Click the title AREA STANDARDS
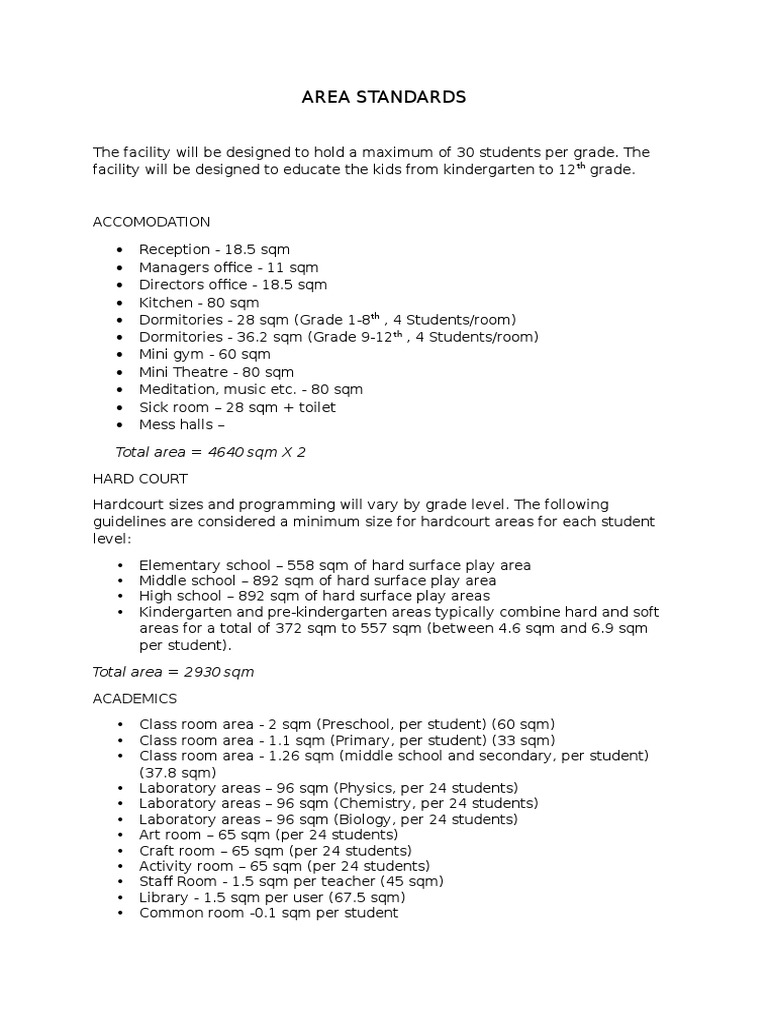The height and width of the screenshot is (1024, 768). point(384,97)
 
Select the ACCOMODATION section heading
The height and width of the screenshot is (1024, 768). point(151,221)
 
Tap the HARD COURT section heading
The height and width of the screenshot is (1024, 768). point(140,479)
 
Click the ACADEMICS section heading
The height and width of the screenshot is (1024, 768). point(134,698)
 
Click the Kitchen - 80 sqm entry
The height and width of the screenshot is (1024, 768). point(199,302)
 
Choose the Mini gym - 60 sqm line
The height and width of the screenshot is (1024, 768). point(205,354)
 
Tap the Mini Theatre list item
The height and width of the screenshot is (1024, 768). point(216,372)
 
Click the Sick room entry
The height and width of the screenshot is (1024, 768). point(237,407)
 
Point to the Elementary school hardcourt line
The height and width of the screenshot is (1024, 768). point(335,565)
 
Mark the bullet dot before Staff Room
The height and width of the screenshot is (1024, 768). point(121,882)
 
